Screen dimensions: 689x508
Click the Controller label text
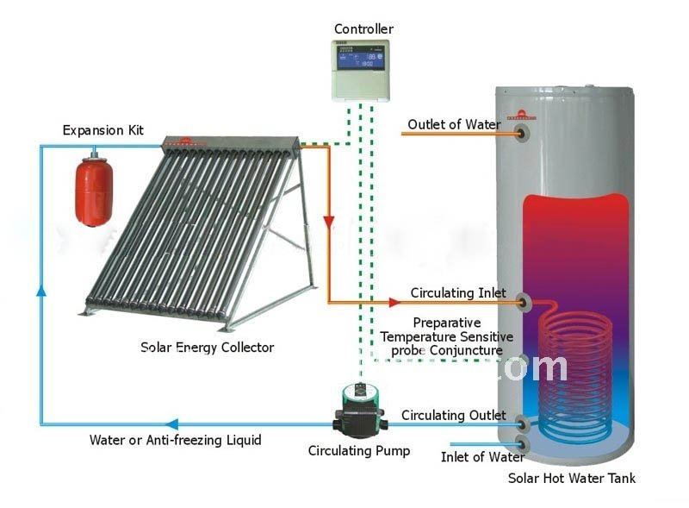(363, 29)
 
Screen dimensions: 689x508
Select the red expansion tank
(94, 191)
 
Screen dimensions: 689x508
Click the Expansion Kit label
(102, 130)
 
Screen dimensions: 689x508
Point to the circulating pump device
(360, 411)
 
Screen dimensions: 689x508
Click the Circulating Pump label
(359, 451)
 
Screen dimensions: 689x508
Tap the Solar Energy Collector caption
(207, 348)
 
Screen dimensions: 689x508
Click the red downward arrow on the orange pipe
(329, 222)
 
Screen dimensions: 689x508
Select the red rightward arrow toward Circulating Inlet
(394, 303)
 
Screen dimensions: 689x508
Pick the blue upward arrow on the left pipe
(41, 290)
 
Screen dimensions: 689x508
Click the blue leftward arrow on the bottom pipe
(171, 424)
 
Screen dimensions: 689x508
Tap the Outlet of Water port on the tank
(522, 133)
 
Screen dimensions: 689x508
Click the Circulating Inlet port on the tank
(523, 302)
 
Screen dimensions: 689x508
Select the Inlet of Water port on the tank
(522, 444)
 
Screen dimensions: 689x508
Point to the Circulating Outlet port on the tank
(522, 423)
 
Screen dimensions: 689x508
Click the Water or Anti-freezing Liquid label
(176, 440)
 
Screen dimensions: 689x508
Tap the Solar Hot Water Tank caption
(572, 478)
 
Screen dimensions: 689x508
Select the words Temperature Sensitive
(447, 337)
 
